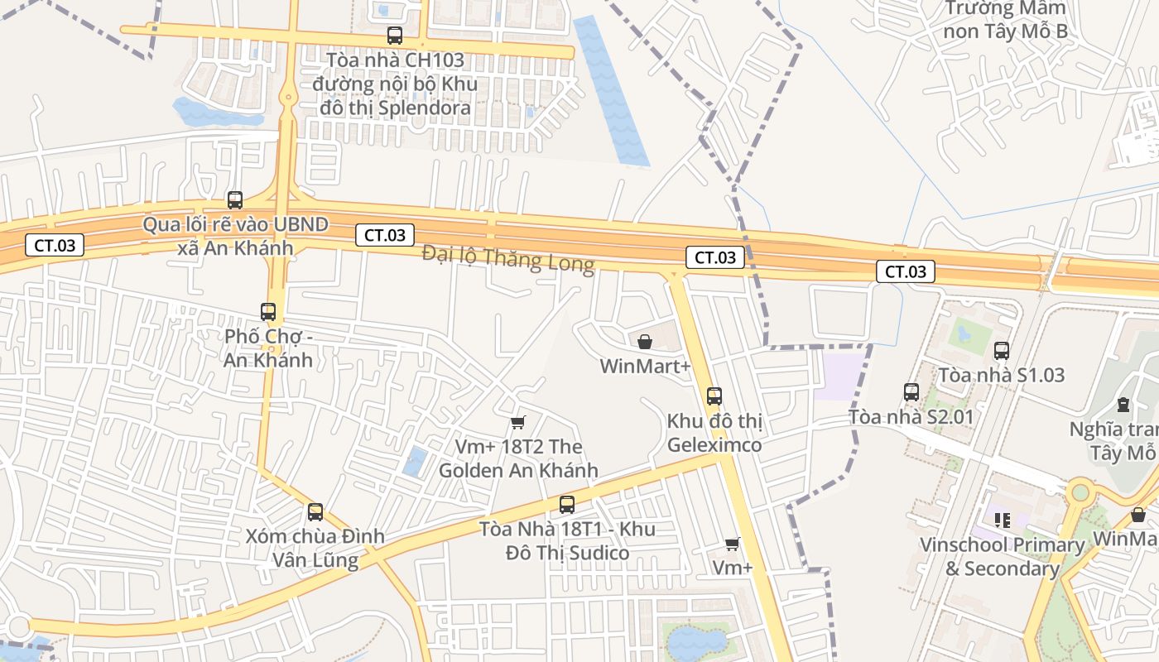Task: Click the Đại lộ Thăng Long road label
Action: pyautogui.click(x=507, y=258)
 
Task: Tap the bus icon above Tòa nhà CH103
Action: pyautogui.click(x=395, y=36)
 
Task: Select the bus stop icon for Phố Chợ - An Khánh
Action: pyautogui.click(x=268, y=312)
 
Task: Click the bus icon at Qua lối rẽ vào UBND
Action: pyautogui.click(x=235, y=199)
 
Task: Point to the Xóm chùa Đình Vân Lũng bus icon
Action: pyautogui.click(x=315, y=511)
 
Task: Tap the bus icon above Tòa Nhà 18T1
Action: pyautogui.click(x=567, y=504)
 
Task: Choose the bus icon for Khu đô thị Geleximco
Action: pyautogui.click(x=714, y=396)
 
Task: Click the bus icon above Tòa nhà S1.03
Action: pyautogui.click(x=1002, y=350)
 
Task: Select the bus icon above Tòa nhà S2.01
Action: pyautogui.click(x=911, y=391)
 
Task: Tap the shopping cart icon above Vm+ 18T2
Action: pyautogui.click(x=518, y=423)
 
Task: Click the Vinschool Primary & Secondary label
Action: pyautogui.click(x=1003, y=557)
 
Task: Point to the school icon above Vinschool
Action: pyautogui.click(x=1003, y=520)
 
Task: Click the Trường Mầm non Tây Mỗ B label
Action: pyautogui.click(x=1006, y=21)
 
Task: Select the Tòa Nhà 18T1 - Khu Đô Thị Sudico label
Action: pyautogui.click(x=568, y=541)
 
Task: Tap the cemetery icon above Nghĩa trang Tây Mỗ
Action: pyautogui.click(x=1123, y=405)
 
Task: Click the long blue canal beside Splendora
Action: pyautogui.click(x=612, y=91)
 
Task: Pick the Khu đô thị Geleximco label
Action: pyautogui.click(x=714, y=433)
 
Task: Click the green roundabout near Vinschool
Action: pyautogui.click(x=1080, y=492)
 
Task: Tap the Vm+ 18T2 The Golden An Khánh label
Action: pyautogui.click(x=518, y=458)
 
